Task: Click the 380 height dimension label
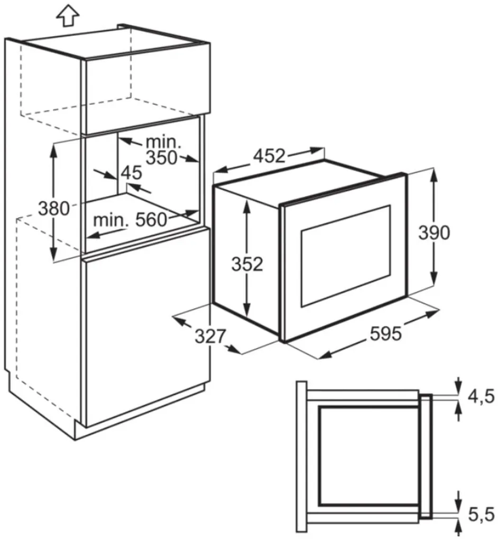tap(53, 208)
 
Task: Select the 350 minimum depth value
tap(161, 157)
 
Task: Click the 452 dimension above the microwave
tap(269, 156)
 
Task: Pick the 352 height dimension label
tap(246, 264)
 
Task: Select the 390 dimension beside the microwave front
tap(434, 232)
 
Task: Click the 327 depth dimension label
tap(210, 335)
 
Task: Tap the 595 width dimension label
tap(385, 334)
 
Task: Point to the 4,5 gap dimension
tap(481, 396)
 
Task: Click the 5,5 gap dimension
tap(481, 512)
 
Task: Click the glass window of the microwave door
tap(345, 255)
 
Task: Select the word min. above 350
tap(163, 142)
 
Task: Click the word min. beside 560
tap(110, 220)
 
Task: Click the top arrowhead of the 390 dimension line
tap(434, 174)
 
